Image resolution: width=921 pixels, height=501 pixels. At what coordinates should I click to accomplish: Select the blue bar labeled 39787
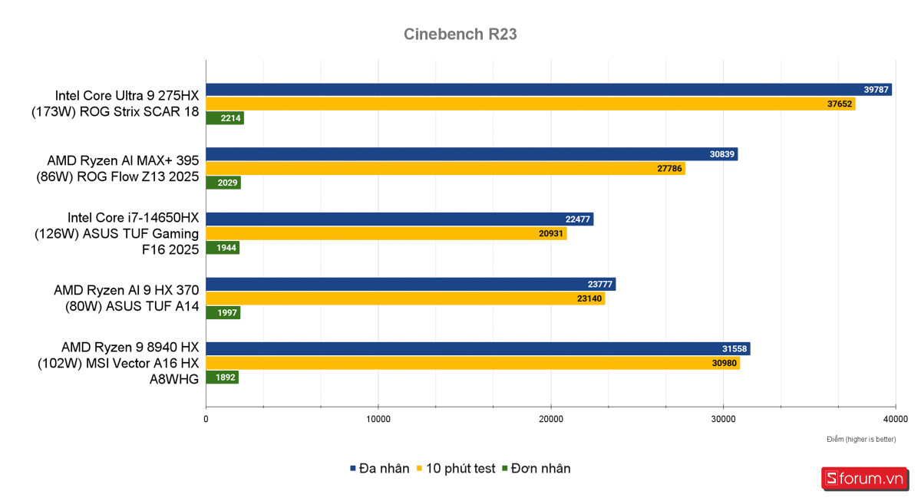coord(548,90)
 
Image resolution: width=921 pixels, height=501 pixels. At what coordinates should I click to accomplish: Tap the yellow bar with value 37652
coord(530,104)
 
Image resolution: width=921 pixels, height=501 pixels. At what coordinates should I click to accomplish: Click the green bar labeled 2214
coord(224,118)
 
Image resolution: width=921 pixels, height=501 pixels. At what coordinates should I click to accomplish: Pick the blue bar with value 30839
coord(471,154)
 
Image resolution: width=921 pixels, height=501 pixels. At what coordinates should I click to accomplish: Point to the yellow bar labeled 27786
coord(445,169)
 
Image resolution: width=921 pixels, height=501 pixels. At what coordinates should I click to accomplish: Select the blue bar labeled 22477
coord(399,219)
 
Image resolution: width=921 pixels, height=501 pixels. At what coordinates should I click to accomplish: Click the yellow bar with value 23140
coord(404,298)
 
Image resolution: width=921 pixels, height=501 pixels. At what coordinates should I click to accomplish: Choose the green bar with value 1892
coord(222,377)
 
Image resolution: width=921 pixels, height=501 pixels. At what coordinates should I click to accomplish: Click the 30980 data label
coord(725,363)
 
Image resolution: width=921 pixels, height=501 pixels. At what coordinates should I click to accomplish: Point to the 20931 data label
coord(552,234)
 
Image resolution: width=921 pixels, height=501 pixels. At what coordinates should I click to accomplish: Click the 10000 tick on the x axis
coord(378,419)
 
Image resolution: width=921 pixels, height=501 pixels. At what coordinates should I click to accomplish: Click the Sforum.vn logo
coord(864,479)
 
